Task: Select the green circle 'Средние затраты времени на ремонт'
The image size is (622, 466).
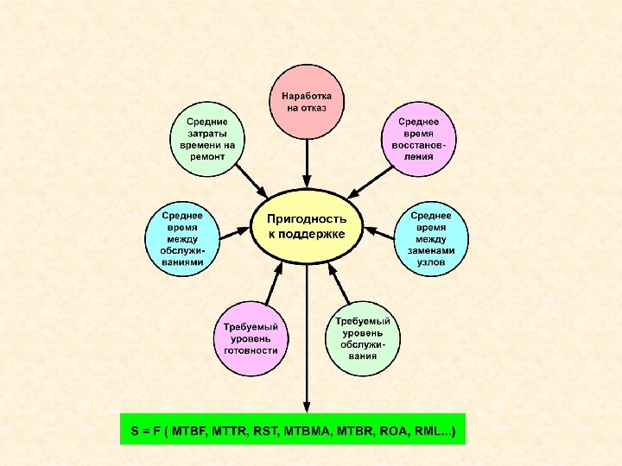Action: (x=207, y=139)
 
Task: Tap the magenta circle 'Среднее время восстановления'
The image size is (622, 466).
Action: (x=418, y=139)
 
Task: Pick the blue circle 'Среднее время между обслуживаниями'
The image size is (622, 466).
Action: (x=182, y=239)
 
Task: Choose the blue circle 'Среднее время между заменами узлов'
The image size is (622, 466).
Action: (x=432, y=239)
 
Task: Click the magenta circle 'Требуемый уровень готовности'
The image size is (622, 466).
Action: (x=251, y=338)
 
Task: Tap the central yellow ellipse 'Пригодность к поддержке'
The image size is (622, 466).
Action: (x=306, y=227)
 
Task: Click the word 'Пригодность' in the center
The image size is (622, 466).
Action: (x=307, y=219)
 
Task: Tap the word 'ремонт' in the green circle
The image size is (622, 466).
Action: (x=207, y=157)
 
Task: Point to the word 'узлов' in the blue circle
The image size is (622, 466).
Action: (x=431, y=261)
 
